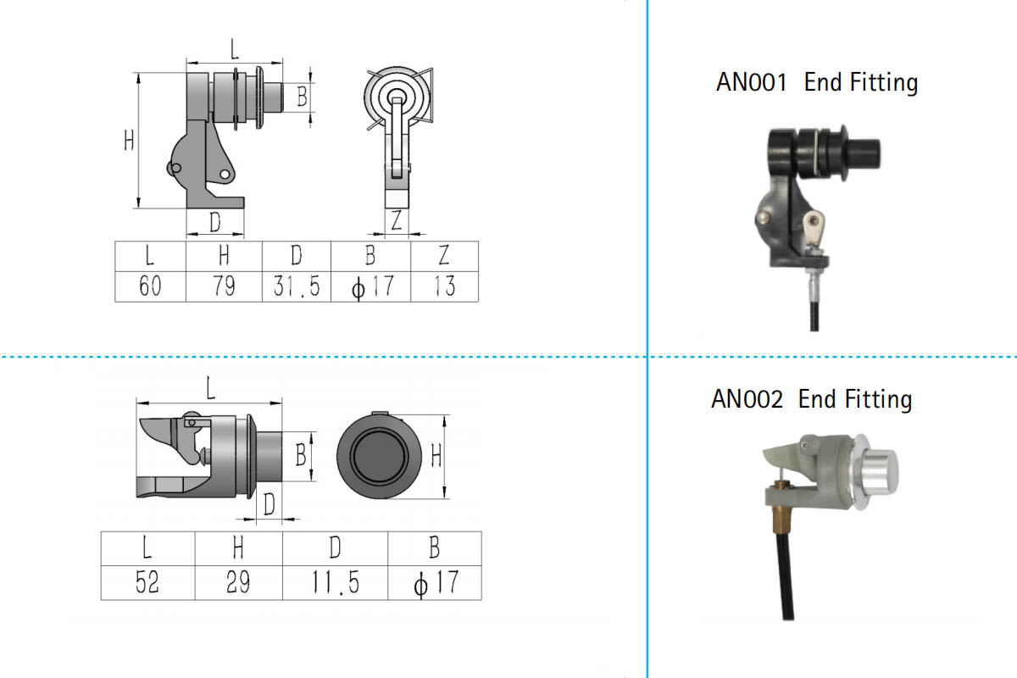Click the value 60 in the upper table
(x=150, y=286)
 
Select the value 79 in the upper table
(x=225, y=286)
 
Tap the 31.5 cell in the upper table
(x=297, y=286)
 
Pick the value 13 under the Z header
(x=444, y=286)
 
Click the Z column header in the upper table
(x=444, y=255)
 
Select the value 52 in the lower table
(x=147, y=582)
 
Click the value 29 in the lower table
(x=238, y=582)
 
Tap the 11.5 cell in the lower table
(x=336, y=582)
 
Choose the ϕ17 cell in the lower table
(x=436, y=583)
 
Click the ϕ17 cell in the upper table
(x=372, y=287)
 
